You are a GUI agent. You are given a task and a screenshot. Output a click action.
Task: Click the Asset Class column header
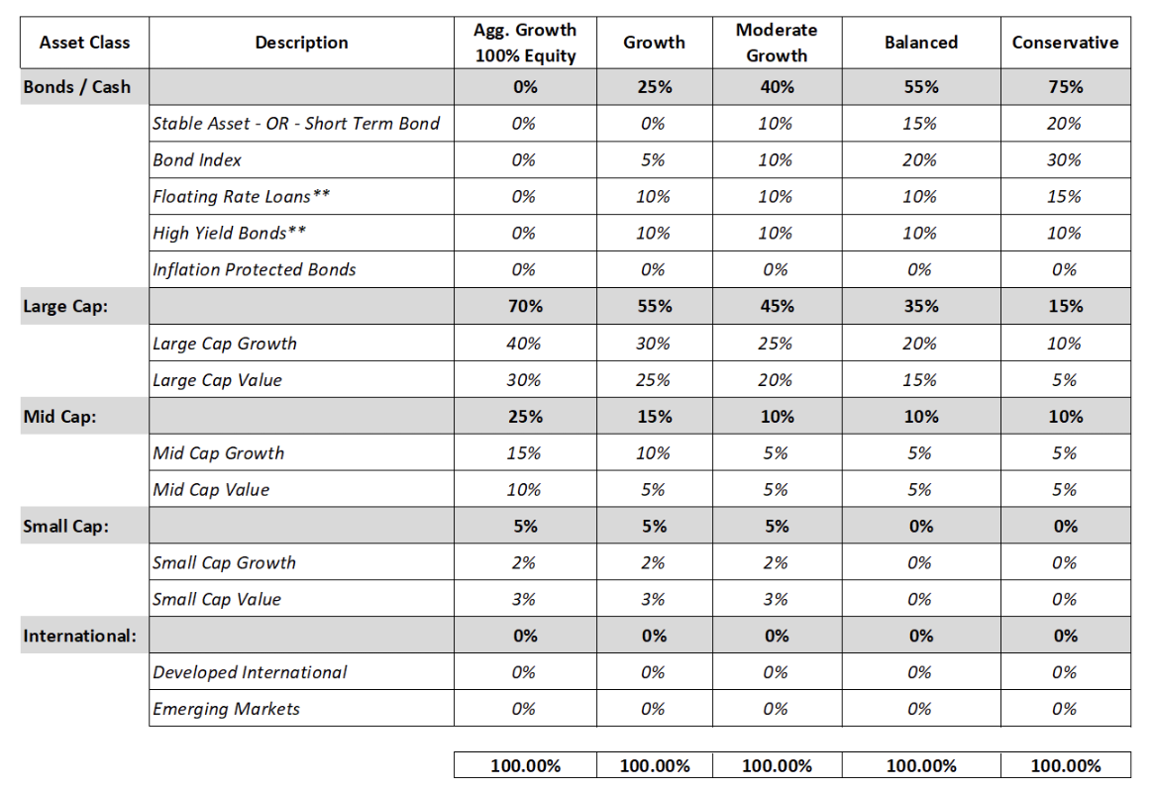pyautogui.click(x=84, y=43)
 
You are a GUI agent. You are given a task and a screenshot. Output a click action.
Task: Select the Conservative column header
pyautogui.click(x=1065, y=43)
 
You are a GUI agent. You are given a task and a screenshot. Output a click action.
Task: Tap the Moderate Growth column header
pyautogui.click(x=777, y=43)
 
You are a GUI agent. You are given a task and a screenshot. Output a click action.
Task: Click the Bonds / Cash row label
pyautogui.click(x=76, y=87)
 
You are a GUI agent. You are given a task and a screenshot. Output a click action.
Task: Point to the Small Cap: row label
pyautogui.click(x=65, y=527)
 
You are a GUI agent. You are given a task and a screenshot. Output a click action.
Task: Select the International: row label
pyautogui.click(x=79, y=636)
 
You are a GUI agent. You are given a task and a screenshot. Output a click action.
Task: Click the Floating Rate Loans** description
pyautogui.click(x=241, y=197)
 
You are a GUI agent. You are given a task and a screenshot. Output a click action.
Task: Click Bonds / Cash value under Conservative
pyautogui.click(x=1066, y=87)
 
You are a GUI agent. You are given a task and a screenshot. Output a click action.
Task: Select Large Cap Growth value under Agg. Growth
pyautogui.click(x=524, y=344)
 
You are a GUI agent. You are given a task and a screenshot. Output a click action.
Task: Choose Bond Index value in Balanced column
pyautogui.click(x=920, y=160)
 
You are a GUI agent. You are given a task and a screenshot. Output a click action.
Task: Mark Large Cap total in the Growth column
pyautogui.click(x=655, y=306)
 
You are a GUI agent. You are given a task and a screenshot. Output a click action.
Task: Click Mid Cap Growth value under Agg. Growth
pyautogui.click(x=524, y=453)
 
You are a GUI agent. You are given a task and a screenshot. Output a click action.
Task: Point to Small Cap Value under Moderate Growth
pyautogui.click(x=776, y=600)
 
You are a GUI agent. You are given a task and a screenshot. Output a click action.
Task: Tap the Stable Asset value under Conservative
pyautogui.click(x=1065, y=124)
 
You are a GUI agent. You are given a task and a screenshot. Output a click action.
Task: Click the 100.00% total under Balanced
pyautogui.click(x=921, y=765)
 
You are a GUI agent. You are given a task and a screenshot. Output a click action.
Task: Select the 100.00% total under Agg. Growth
pyautogui.click(x=525, y=765)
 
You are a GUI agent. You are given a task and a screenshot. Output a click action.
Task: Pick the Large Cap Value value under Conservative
pyautogui.click(x=1065, y=380)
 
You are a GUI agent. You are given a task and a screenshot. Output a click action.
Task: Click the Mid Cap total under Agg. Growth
pyautogui.click(x=525, y=417)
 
